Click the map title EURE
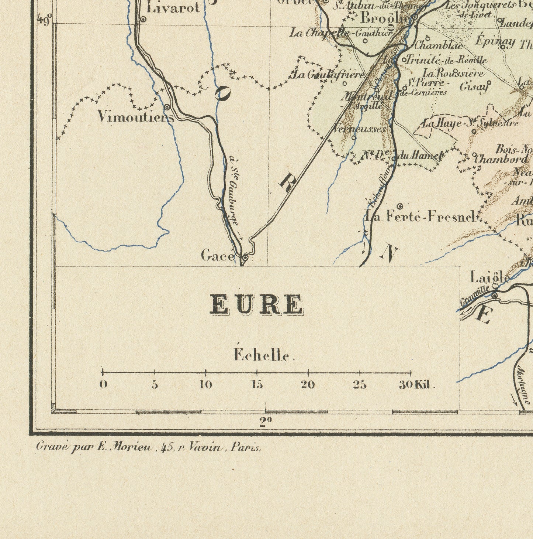point(256,305)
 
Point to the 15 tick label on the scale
point(257,385)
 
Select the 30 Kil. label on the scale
point(417,385)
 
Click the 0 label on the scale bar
point(103,385)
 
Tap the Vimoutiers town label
point(135,117)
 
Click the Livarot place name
point(173,8)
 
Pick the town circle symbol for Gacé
point(244,257)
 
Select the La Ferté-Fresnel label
point(419,217)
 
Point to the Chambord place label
point(501,160)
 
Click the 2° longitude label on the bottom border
point(265,422)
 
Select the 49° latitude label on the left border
point(44,21)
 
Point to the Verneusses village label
point(359,129)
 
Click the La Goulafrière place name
point(328,75)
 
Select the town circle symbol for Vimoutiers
point(167,107)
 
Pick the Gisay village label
point(474,87)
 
